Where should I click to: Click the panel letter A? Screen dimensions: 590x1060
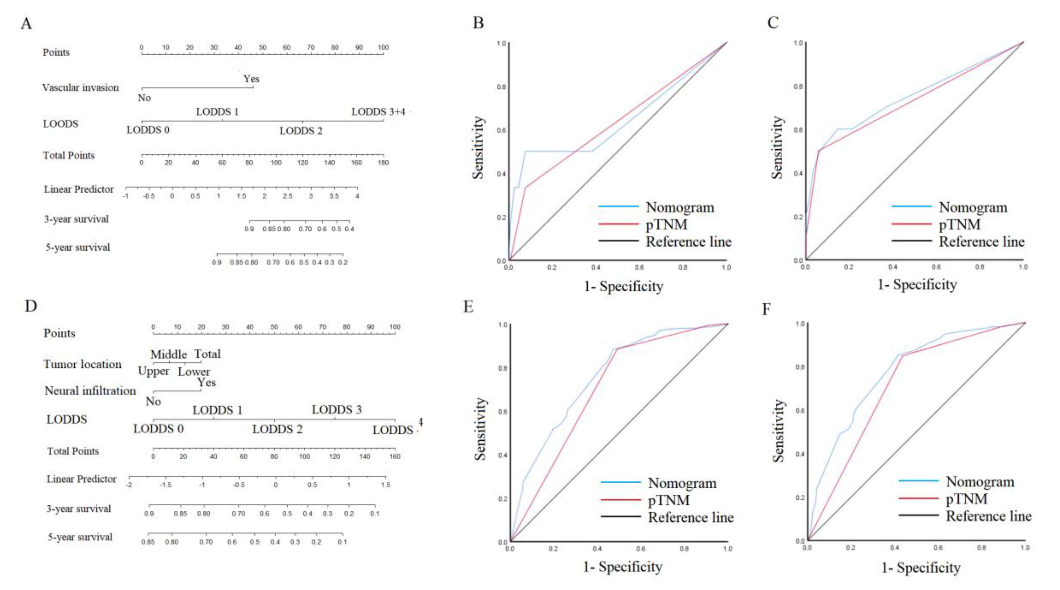point(26,24)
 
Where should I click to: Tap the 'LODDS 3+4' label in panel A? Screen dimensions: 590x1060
point(378,112)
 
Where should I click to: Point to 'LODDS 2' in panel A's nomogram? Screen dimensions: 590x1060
point(301,131)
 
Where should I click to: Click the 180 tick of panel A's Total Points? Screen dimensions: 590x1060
point(383,162)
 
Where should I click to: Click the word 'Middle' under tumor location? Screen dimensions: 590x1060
point(168,354)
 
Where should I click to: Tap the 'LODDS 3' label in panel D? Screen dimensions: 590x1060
point(336,410)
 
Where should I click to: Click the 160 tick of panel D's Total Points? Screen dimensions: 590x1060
point(395,456)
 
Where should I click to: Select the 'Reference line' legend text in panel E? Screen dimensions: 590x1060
point(690,518)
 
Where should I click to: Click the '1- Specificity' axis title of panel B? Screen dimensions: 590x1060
point(623,286)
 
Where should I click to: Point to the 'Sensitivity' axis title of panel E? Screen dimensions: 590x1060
point(480,428)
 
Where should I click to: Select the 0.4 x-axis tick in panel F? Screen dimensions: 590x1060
point(894,548)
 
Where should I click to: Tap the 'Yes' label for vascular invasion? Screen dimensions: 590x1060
point(251,79)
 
